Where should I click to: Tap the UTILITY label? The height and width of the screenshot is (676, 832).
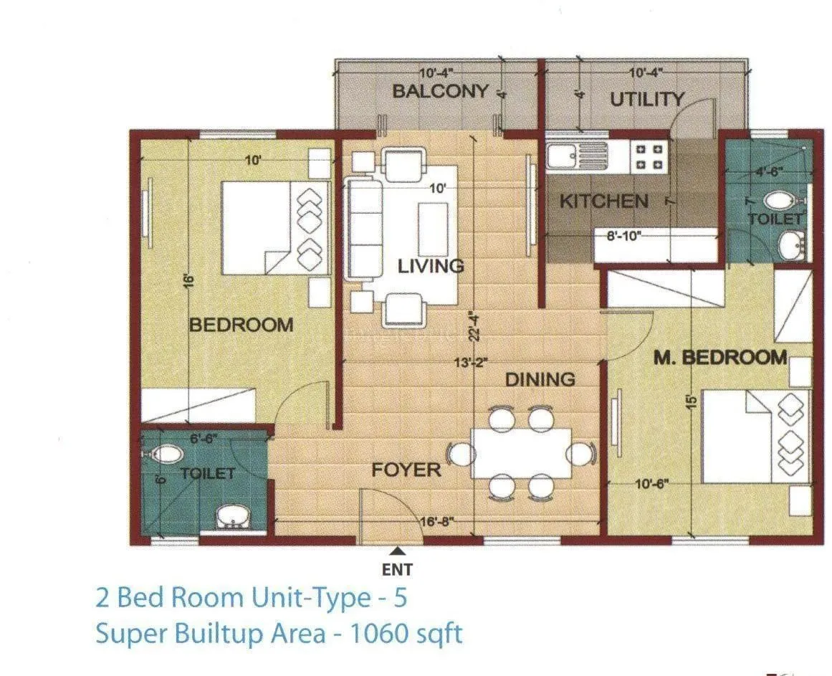(x=646, y=100)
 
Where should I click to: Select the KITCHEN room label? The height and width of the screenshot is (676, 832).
(x=603, y=201)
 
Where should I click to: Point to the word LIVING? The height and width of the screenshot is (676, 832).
(x=431, y=267)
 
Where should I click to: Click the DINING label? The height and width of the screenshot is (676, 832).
(x=540, y=379)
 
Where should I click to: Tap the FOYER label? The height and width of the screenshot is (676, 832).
(x=406, y=470)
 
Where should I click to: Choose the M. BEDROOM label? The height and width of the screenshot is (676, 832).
(x=719, y=357)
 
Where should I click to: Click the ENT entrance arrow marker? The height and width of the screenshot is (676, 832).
(x=398, y=551)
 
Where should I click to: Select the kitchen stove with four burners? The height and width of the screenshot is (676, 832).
(x=649, y=157)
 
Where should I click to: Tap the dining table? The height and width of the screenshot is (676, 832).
(x=521, y=453)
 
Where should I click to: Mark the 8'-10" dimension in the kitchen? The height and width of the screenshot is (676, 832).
(x=623, y=234)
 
